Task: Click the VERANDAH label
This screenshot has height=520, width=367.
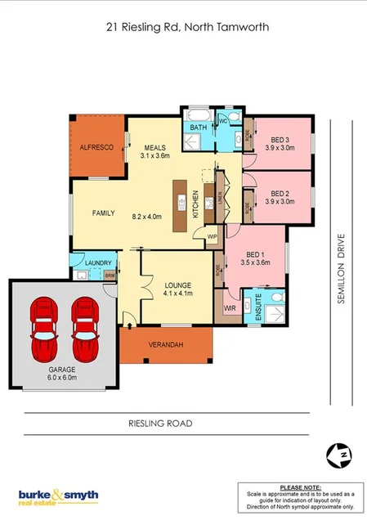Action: (x=166, y=345)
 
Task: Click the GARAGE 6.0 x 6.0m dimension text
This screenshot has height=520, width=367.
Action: (x=62, y=378)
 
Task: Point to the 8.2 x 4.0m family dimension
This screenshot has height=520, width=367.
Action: (x=146, y=217)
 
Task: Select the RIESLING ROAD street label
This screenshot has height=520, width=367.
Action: (x=160, y=424)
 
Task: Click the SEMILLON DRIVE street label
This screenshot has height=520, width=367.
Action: (x=342, y=269)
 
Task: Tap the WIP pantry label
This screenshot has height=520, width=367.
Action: (x=211, y=236)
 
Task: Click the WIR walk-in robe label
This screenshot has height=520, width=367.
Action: (x=229, y=308)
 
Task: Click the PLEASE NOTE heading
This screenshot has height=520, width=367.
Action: (x=299, y=486)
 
